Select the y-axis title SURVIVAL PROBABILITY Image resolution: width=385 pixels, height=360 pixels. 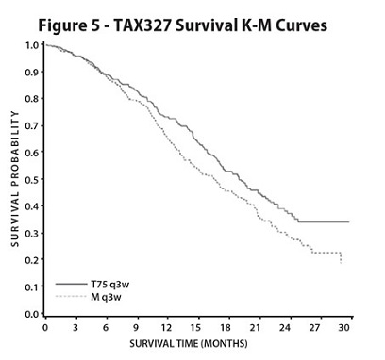click(x=14, y=179)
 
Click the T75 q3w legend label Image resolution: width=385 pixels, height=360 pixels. click(x=99, y=283)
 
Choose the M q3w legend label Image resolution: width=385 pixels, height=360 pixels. click(x=96, y=296)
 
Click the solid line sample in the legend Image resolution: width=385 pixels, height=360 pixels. click(x=66, y=283)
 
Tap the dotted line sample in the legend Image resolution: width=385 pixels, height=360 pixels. click(x=66, y=296)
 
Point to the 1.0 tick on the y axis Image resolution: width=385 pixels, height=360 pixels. click(x=32, y=45)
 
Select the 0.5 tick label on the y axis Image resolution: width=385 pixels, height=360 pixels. click(x=32, y=179)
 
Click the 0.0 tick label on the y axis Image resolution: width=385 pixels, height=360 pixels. click(x=32, y=314)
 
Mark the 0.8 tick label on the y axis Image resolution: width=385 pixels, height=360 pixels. click(x=32, y=99)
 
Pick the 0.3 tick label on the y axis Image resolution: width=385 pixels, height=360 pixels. click(x=32, y=233)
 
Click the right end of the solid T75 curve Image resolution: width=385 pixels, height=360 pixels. click(x=348, y=222)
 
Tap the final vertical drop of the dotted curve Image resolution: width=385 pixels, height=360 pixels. click(x=341, y=257)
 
